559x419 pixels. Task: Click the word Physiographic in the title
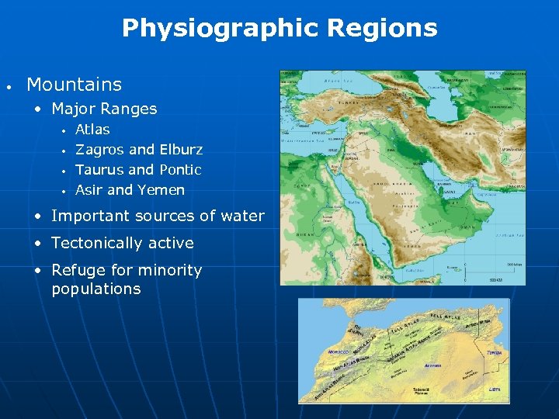point(220,29)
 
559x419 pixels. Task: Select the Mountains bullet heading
point(74,84)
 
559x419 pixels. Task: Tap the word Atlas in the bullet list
point(92,130)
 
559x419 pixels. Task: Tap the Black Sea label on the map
point(339,81)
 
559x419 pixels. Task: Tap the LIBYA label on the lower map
point(495,389)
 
